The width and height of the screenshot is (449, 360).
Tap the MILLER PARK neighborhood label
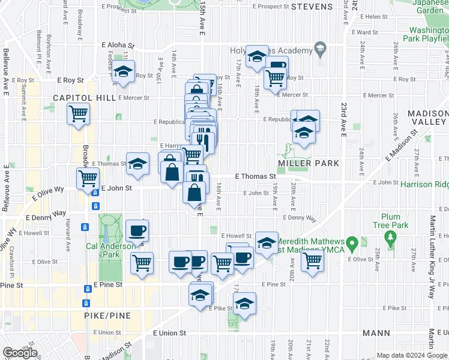coord(309,163)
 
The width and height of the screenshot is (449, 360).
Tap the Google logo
coord(20,353)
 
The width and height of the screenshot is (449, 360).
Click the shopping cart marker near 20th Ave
coord(312,261)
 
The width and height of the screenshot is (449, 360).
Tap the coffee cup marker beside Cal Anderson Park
coord(137,230)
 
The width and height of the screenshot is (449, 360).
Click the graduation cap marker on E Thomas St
coord(137,163)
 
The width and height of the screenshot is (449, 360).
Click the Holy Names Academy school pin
coord(320,50)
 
